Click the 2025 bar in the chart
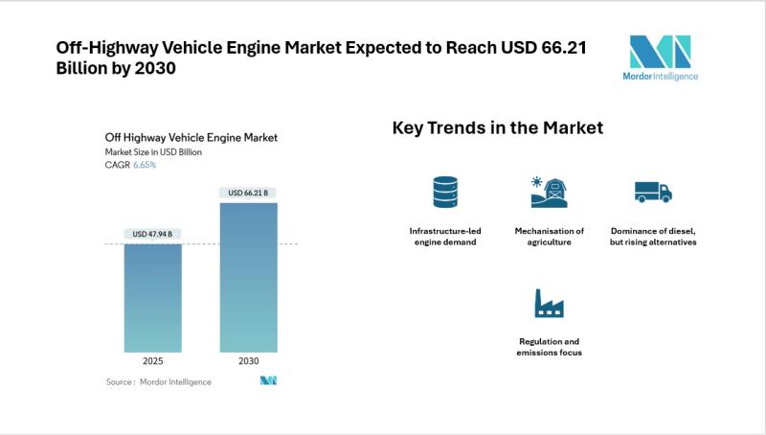tap(153, 297)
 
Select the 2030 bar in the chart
tap(248, 277)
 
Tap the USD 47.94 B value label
tap(153, 234)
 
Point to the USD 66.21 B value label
tap(248, 193)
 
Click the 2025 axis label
tap(153, 363)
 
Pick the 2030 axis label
tap(248, 363)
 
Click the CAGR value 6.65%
tap(145, 165)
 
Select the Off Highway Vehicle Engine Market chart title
tap(191, 137)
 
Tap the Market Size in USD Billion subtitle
tap(153, 151)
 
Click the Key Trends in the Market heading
tap(498, 127)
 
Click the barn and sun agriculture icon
tap(550, 192)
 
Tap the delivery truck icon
tap(653, 192)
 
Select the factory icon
tap(550, 304)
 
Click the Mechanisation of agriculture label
tap(550, 237)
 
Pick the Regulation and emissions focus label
tap(550, 347)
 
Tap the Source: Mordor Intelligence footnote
tap(159, 381)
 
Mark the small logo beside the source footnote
tap(268, 380)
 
